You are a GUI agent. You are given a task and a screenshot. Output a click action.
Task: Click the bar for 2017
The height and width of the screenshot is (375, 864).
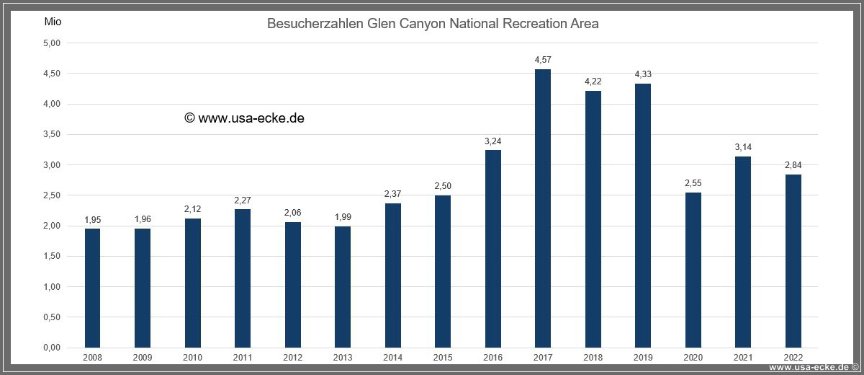coord(543,208)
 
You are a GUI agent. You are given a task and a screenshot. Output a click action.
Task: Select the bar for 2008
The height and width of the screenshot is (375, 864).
coord(93,288)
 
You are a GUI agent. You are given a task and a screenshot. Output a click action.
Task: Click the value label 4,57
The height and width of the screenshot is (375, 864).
coord(543,60)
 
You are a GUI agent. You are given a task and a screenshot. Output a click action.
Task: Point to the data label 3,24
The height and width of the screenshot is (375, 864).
coord(492,141)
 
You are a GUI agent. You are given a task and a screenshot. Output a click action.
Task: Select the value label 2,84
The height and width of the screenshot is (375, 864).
coord(793,166)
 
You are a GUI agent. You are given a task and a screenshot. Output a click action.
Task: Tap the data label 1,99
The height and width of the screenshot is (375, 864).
coord(343,217)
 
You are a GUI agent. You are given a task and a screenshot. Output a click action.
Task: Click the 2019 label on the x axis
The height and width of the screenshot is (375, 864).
coord(643,357)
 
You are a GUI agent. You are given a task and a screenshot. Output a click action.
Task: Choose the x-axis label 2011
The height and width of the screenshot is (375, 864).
coord(243,357)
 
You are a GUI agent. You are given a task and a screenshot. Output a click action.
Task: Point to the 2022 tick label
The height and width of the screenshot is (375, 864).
coord(793,357)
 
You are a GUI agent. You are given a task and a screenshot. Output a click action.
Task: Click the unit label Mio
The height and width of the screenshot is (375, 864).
coord(53,22)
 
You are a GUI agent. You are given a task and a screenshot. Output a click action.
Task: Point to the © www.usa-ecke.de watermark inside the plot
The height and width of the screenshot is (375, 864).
coord(244,118)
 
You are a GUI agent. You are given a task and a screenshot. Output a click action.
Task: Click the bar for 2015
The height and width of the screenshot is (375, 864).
coord(443,271)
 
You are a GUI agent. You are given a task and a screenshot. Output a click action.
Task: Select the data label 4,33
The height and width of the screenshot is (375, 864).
coord(643,74)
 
